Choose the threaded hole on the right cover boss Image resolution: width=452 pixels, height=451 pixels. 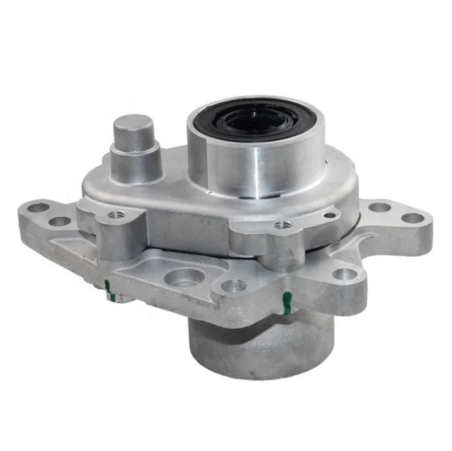tap(280, 225)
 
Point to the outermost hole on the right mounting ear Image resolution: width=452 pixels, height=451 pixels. tap(413, 218)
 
